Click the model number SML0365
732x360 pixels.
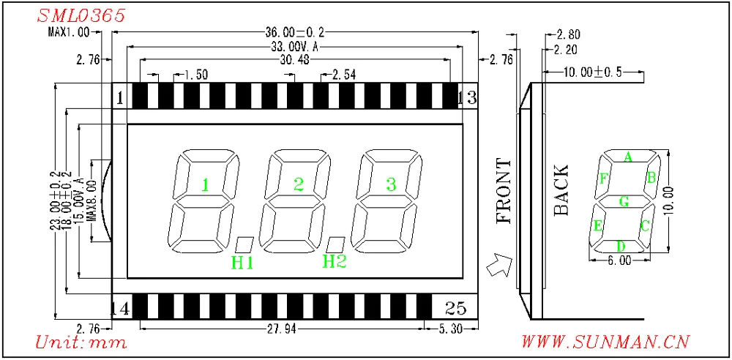pyautogui.click(x=81, y=15)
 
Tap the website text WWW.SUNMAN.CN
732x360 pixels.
pyautogui.click(x=605, y=342)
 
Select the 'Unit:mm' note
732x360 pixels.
pyautogui.click(x=81, y=342)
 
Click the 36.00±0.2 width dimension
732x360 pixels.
pyautogui.click(x=294, y=33)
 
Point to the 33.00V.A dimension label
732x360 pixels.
pyautogui.click(x=294, y=46)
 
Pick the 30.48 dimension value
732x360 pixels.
pyautogui.click(x=294, y=59)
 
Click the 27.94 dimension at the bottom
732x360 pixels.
pyautogui.click(x=282, y=330)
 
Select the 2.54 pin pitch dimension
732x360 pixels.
pyautogui.click(x=343, y=74)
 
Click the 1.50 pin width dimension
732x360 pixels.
pyautogui.click(x=196, y=74)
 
